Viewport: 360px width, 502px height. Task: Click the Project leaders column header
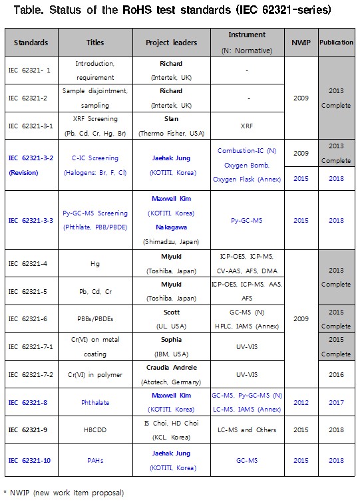(171, 43)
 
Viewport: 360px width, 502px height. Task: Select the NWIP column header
(301, 43)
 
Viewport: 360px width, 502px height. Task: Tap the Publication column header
(336, 43)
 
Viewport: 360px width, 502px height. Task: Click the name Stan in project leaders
(171, 118)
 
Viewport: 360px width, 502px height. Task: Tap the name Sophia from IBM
(171, 340)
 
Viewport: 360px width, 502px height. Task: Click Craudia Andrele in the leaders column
(171, 368)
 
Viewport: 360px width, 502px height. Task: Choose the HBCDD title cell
(95, 430)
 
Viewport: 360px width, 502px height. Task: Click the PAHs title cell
(95, 459)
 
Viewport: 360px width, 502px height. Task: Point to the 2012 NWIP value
(301, 402)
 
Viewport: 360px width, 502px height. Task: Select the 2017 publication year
(336, 402)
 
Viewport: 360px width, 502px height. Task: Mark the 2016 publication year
(336, 374)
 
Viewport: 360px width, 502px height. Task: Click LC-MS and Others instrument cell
(248, 430)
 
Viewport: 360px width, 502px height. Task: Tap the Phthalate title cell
(95, 402)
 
